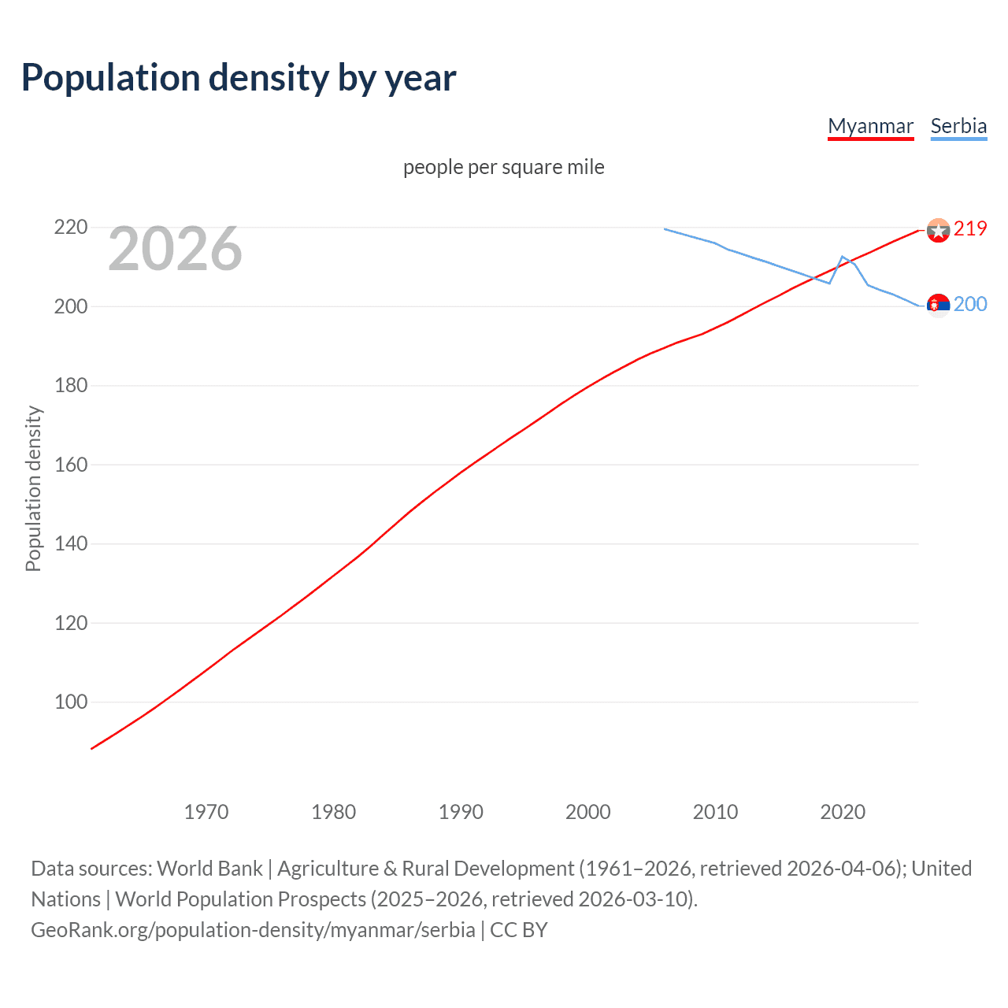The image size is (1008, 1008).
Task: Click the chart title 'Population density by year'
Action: coord(239,78)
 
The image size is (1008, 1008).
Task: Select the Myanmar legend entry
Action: coord(870,126)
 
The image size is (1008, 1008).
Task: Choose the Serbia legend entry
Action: coord(958,126)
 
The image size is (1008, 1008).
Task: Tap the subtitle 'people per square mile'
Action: coord(503,167)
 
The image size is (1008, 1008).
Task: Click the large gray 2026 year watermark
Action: coord(175,249)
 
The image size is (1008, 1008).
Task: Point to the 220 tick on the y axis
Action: coord(70,228)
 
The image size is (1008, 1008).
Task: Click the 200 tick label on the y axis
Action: coord(70,306)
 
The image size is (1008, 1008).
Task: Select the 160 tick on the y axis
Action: coord(70,465)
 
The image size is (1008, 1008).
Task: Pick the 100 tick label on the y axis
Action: coord(70,702)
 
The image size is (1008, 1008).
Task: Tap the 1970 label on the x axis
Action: coord(206,812)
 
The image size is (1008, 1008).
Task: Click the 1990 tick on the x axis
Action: coord(461,812)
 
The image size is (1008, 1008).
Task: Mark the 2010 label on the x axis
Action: coord(715,812)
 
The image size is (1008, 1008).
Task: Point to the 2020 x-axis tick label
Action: coord(843,812)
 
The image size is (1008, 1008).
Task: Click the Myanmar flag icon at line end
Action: coord(938,230)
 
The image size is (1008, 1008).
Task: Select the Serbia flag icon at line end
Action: coord(938,306)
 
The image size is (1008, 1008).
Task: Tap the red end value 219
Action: coord(970,228)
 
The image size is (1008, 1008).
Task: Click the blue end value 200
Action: coord(970,305)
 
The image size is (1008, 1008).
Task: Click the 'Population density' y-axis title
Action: coord(33,488)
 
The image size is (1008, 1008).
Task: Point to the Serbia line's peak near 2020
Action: coord(843,257)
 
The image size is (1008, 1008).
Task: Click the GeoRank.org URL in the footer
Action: coord(253,930)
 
